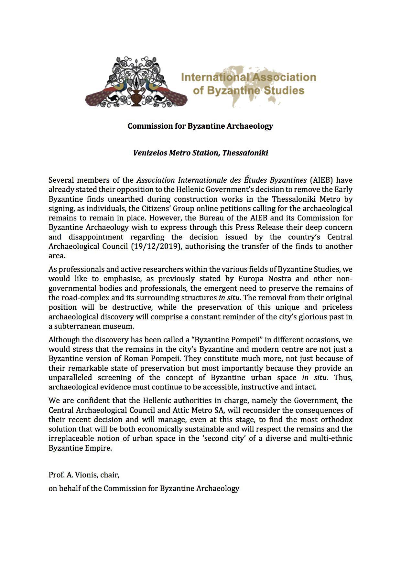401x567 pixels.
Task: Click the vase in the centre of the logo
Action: pos(135,97)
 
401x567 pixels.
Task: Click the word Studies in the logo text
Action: pos(284,91)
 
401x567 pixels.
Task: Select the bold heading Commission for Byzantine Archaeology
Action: pos(200,126)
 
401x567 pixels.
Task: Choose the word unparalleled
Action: pos(70,377)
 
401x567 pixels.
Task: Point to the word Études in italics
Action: pos(256,180)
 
